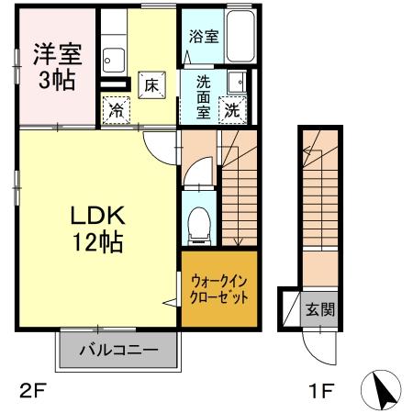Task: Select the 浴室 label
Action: point(203,38)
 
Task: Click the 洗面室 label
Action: point(203,95)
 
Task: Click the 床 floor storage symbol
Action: point(151,84)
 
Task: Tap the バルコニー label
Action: point(117,350)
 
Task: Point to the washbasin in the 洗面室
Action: point(235,80)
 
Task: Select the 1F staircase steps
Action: point(321,193)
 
